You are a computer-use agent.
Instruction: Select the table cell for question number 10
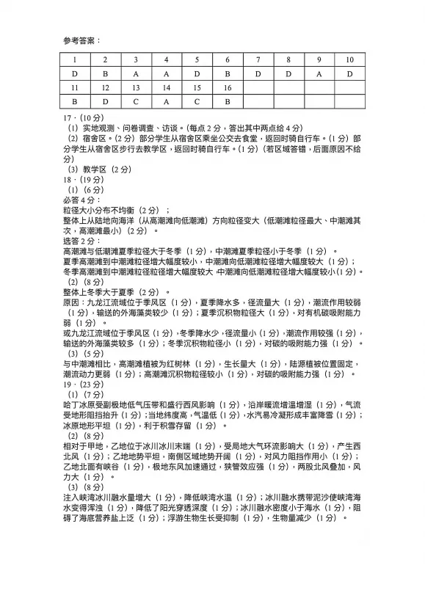(349, 60)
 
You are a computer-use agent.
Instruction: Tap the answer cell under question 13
(136, 101)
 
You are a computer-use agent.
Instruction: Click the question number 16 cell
(228, 87)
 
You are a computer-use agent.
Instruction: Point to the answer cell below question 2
(105, 73)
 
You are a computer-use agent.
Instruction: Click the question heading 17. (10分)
(85, 117)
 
